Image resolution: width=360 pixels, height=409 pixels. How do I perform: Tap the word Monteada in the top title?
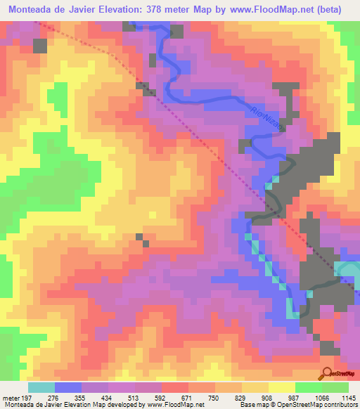click(x=34, y=10)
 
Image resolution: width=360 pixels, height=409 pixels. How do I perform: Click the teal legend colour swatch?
click(x=41, y=387)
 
